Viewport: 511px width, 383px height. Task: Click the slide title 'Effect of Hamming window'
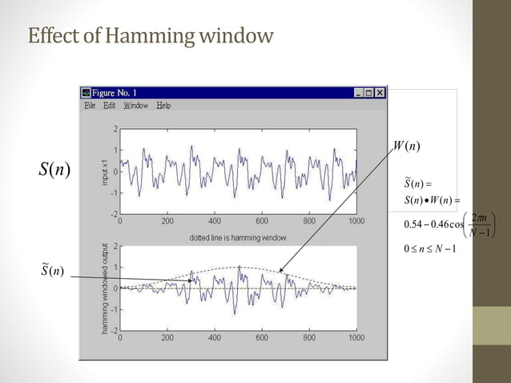tap(151, 36)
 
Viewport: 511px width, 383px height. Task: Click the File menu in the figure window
tap(90, 106)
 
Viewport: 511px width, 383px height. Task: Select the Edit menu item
tap(109, 106)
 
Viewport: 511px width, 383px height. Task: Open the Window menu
tap(135, 106)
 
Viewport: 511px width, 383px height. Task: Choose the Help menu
tap(163, 106)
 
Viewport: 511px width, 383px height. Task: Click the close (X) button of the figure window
tap(380, 93)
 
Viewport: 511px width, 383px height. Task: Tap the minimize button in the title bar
tap(358, 93)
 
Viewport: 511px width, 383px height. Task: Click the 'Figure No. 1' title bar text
tap(119, 93)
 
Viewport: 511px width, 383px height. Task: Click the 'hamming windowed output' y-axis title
tap(104, 288)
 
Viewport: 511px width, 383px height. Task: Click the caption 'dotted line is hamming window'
tap(238, 238)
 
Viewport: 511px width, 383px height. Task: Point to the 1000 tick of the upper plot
tap(356, 220)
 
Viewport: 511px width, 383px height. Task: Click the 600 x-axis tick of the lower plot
tap(261, 337)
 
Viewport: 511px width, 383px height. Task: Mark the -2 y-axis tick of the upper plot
tap(114, 214)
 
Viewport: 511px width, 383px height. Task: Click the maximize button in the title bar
tap(368, 93)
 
